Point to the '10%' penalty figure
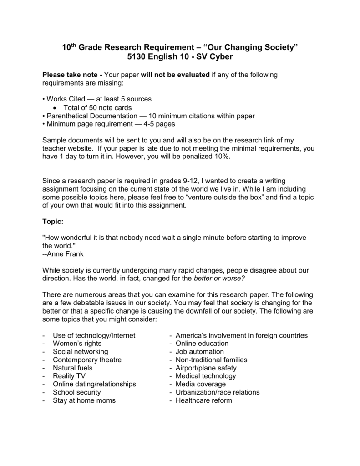[x=223, y=157]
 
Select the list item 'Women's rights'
[x=77, y=344]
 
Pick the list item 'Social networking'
[x=81, y=352]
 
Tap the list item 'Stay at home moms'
[x=84, y=400]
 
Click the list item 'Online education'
[x=202, y=344]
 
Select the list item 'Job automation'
[x=199, y=352]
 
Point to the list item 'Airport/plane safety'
[x=206, y=368]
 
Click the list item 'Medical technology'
[x=206, y=376]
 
